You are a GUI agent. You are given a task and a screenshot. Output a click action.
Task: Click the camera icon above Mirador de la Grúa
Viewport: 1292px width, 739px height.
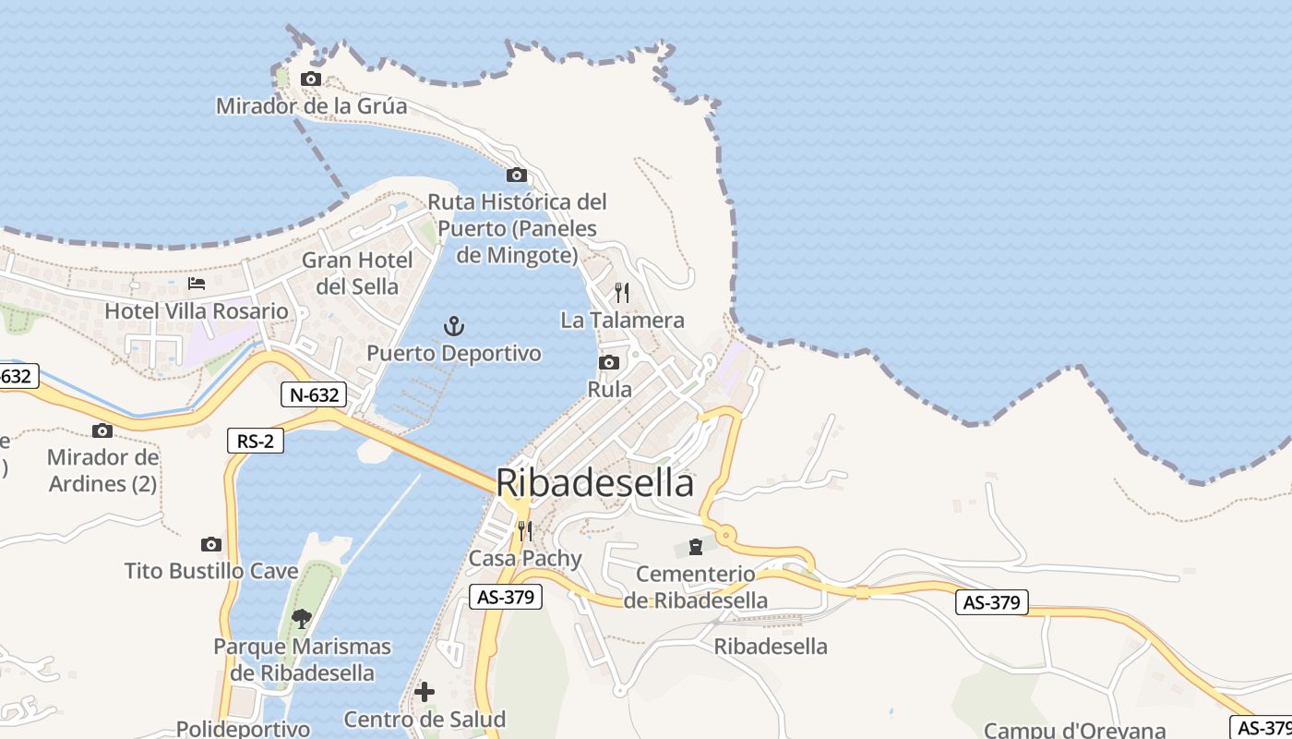[311, 79]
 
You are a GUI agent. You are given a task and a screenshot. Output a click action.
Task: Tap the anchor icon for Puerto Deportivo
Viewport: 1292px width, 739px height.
[453, 326]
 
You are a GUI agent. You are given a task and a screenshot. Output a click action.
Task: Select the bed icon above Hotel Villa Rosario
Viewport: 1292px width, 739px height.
[196, 283]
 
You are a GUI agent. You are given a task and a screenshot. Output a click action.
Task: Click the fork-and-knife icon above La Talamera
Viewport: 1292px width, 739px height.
[622, 293]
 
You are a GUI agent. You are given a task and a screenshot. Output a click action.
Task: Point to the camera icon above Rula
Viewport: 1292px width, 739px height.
[608, 363]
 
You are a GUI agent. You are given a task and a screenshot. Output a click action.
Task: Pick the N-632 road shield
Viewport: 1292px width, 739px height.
[314, 395]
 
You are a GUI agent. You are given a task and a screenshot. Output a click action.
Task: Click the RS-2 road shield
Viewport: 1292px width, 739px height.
[256, 442]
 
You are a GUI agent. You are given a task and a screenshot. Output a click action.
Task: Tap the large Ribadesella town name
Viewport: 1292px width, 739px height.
[594, 483]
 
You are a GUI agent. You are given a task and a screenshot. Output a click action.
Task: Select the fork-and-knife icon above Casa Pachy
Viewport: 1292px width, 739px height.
[524, 530]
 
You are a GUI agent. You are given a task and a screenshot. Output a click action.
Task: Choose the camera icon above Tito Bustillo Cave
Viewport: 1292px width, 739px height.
[211, 545]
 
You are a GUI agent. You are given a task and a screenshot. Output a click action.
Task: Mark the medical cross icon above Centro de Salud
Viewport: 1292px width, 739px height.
[425, 691]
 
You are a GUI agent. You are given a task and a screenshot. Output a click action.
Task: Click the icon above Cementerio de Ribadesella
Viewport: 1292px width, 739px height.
[695, 548]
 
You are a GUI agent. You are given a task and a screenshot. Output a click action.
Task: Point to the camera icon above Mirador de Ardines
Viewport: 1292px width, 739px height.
[102, 430]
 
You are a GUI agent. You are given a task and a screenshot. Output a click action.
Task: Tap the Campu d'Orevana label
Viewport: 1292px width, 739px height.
[1075, 730]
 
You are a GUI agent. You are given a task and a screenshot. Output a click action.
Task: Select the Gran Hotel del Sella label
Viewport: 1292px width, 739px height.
[357, 273]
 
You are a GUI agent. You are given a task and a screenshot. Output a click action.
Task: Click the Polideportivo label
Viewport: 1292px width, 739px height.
[243, 729]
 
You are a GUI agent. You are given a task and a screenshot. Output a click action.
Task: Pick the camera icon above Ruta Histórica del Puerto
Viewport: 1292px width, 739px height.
[517, 176]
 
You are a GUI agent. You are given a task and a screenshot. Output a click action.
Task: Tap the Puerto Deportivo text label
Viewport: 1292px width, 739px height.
[454, 354]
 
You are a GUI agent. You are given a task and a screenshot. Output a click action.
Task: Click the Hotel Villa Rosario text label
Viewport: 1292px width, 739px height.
[197, 311]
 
